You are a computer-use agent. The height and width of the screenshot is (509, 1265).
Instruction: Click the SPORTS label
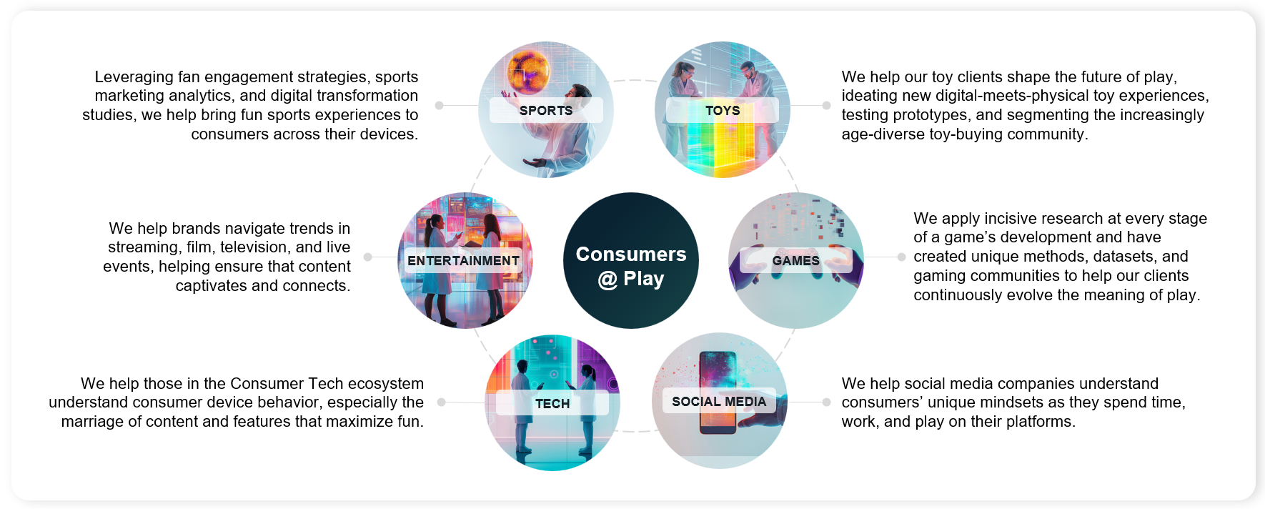click(x=546, y=110)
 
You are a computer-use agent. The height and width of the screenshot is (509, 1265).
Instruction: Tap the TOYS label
click(x=723, y=110)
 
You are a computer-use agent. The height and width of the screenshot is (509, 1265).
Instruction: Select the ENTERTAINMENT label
click(x=463, y=260)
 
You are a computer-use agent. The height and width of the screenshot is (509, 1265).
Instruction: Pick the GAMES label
click(x=795, y=260)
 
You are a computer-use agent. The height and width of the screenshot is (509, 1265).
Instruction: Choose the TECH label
click(x=552, y=403)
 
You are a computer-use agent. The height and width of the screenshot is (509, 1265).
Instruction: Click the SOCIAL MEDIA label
click(x=719, y=401)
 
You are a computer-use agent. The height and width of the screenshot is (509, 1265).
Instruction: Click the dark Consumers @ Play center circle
click(x=631, y=260)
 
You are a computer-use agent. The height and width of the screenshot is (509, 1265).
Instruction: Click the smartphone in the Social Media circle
click(x=718, y=392)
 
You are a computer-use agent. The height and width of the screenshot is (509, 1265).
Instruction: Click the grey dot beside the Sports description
click(x=439, y=105)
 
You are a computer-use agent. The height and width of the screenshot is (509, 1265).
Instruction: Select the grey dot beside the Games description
click(x=901, y=257)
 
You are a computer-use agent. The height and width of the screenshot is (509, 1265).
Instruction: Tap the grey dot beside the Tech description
click(x=441, y=402)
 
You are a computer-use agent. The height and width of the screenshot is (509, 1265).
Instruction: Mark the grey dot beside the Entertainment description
click(x=367, y=257)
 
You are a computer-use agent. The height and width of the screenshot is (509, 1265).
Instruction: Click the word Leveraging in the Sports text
click(x=134, y=77)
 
